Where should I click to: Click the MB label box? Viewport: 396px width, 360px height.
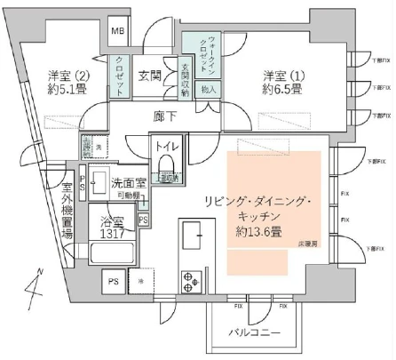pos(117,32)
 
